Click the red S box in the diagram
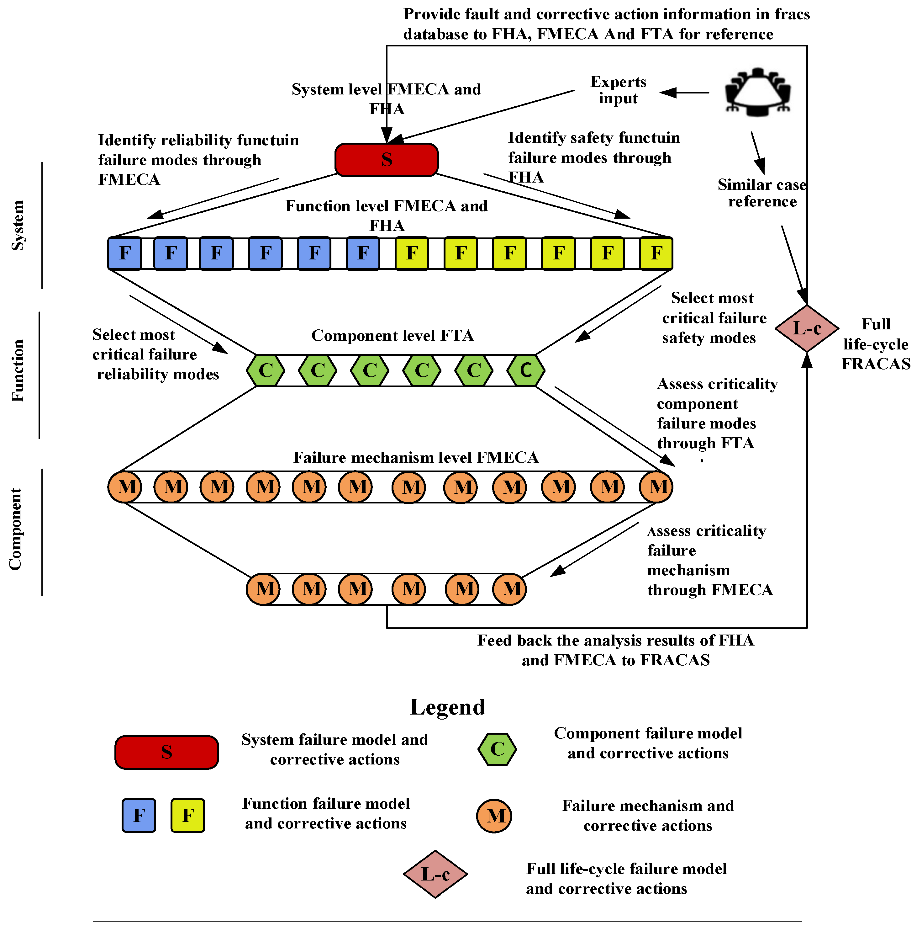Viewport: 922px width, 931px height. pyautogui.click(x=386, y=159)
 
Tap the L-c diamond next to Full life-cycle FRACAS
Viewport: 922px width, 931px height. pyautogui.click(x=807, y=328)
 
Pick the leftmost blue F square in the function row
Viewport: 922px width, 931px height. pyautogui.click(x=125, y=253)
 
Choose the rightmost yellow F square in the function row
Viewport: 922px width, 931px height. pyautogui.click(x=656, y=253)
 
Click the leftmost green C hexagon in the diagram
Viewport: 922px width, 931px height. pyautogui.click(x=266, y=370)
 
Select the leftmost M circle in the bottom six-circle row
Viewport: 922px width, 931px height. pyautogui.click(x=263, y=589)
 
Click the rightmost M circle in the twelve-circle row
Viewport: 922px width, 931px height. pyautogui.click(x=656, y=487)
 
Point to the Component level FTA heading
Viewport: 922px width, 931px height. pyautogui.click(x=392, y=335)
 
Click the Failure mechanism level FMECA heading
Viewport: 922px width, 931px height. pyautogui.click(x=416, y=457)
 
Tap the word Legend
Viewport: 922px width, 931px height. pyautogui.click(x=447, y=707)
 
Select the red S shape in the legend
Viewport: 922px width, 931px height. pyautogui.click(x=167, y=752)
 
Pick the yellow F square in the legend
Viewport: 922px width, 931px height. pyautogui.click(x=188, y=815)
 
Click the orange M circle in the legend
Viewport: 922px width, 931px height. pyautogui.click(x=494, y=816)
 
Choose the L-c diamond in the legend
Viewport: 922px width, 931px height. pyautogui.click(x=435, y=874)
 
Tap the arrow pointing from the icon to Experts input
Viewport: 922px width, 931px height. pyautogui.click(x=684, y=93)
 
